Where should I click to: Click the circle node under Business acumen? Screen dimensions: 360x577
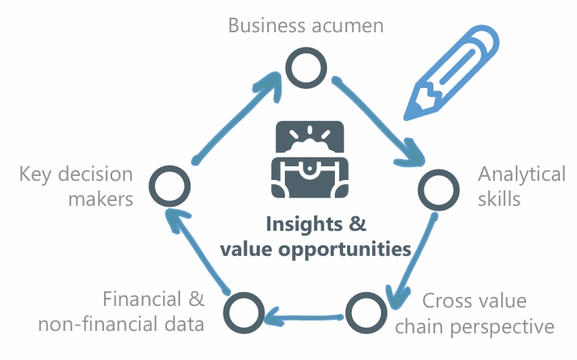click(x=305, y=69)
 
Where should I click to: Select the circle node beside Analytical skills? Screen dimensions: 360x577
click(x=438, y=190)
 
